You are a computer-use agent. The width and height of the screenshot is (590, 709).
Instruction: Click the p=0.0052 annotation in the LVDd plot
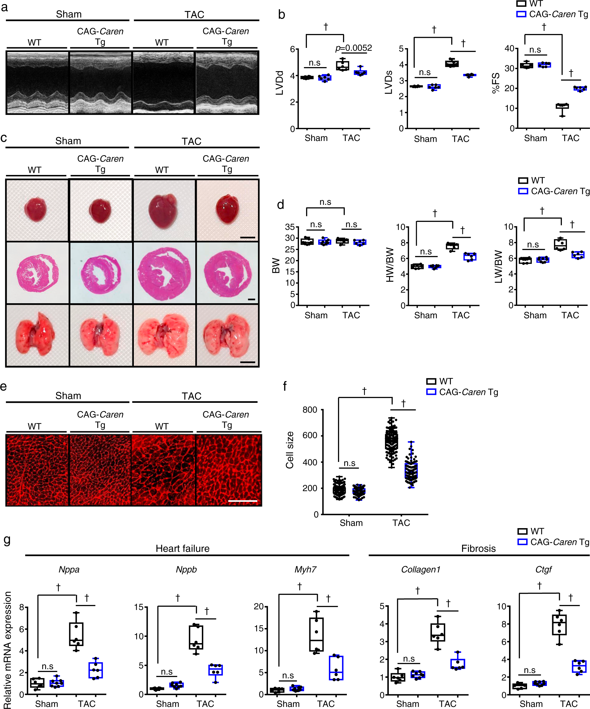pos(353,48)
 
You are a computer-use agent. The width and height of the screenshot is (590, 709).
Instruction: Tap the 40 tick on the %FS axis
pos(509,49)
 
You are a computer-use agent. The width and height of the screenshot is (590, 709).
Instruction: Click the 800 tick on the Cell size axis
pos(310,410)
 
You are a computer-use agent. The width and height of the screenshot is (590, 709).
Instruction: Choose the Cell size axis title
pos(290,450)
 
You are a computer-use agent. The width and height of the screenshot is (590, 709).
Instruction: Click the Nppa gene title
pos(69,570)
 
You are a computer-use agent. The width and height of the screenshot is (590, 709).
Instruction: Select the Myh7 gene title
pos(305,570)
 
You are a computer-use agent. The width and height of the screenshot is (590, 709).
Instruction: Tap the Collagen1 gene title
pos(420,570)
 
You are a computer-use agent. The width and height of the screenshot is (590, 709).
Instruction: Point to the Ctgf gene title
pos(543,570)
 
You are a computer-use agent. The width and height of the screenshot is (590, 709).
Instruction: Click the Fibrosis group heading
pos(478,549)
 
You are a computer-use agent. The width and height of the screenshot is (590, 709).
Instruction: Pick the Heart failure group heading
pos(182,549)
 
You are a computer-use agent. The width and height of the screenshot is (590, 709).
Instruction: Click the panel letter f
pos(285,386)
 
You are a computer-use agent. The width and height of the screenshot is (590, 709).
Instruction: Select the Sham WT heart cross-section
pos(37,273)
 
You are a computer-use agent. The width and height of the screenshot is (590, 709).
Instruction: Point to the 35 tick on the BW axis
pos(290,227)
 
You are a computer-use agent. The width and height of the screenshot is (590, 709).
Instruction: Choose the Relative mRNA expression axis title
pos(7,650)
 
